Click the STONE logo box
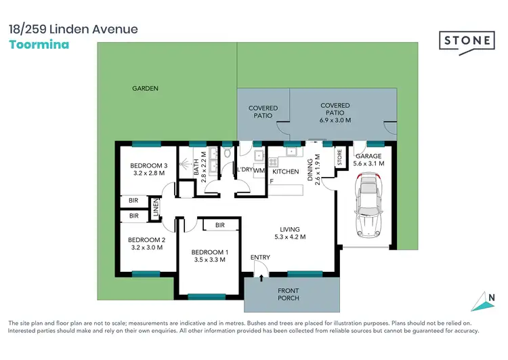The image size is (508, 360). coord(468,41)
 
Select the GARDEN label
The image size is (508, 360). coord(146,88)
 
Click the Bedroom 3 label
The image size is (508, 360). coord(149,166)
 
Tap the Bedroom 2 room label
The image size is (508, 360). coord(146,239)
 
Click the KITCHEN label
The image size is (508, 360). coord(285,172)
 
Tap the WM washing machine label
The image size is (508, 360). coord(259,171)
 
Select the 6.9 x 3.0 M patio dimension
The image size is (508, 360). coord(335,119)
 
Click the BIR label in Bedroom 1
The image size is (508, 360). coord(219,225)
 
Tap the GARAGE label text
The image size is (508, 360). coord(369,156)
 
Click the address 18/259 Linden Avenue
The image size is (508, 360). coord(73,29)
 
